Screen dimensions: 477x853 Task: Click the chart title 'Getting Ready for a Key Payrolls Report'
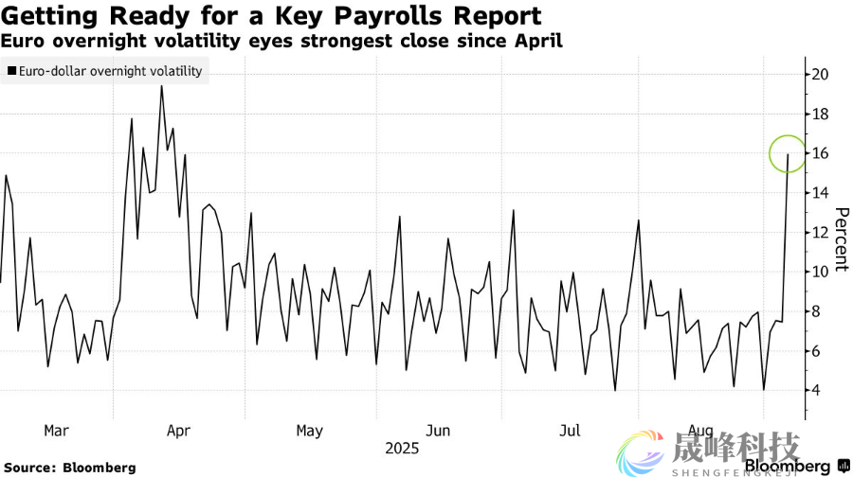(271, 16)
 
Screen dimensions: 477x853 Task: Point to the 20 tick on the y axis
(821, 75)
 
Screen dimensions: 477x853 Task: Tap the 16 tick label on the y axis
(821, 153)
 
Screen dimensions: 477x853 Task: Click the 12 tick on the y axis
(821, 232)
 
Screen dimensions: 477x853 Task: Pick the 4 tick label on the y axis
(817, 390)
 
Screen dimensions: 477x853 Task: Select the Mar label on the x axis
(57, 431)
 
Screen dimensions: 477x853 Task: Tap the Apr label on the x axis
(178, 431)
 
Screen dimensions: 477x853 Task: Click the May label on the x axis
(309, 431)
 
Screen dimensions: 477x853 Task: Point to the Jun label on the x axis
(438, 431)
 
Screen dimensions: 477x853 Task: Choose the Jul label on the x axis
(569, 431)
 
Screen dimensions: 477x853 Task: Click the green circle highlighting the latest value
(788, 151)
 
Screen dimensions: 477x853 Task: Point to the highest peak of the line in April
(161, 86)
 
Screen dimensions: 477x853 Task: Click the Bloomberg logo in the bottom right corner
(786, 467)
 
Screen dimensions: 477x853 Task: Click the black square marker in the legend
(10, 71)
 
